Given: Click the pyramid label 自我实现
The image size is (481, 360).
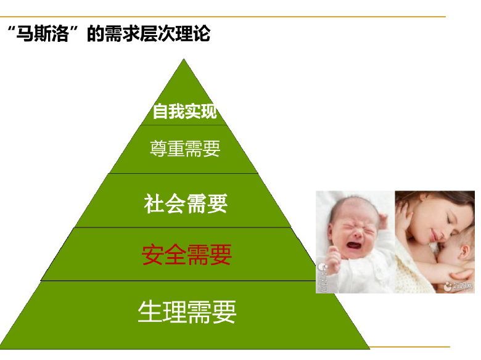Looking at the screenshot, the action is (185, 111).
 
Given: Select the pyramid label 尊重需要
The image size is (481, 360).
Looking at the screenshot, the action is (185, 149).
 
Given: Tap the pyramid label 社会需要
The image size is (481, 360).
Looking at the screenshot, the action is (186, 203).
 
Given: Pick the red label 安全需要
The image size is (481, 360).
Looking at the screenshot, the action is (186, 255).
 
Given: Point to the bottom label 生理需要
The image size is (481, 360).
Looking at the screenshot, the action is (187, 312).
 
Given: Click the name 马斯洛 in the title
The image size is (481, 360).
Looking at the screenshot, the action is (43, 33).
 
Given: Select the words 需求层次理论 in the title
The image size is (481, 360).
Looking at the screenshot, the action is (157, 33).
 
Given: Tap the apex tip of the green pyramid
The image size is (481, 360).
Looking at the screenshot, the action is (184, 59).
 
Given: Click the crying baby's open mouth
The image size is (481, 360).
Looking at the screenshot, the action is (354, 245).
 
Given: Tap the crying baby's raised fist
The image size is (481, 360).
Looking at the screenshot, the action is (334, 260).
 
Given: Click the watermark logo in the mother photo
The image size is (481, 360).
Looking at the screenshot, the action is (458, 287).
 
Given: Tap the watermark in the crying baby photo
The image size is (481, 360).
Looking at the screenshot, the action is (323, 277).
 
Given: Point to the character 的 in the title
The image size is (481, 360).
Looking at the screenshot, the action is (96, 34).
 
